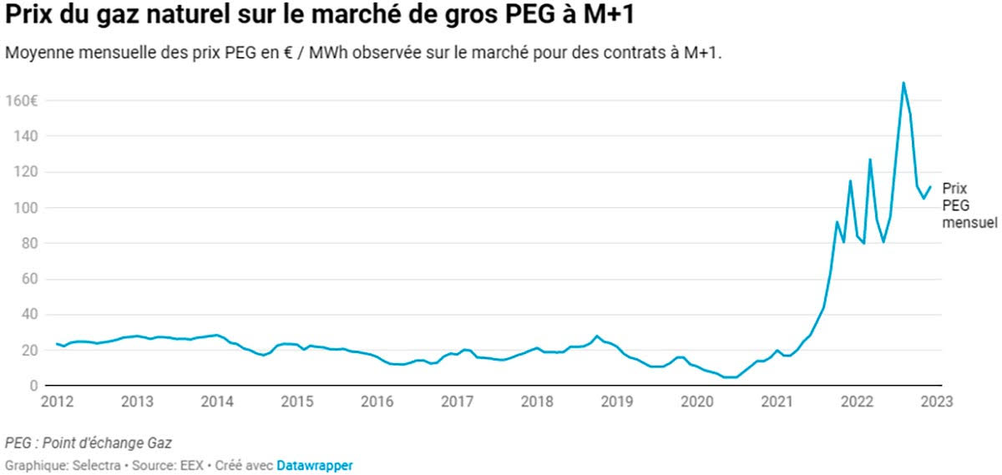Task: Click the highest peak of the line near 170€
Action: tap(903, 83)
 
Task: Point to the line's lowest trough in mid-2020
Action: tap(729, 377)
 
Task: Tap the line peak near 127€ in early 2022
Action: tap(870, 159)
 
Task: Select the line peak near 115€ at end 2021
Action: tap(850, 181)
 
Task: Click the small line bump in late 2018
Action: tap(597, 336)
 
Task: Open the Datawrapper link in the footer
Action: tap(314, 465)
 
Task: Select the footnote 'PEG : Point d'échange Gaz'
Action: tap(82, 442)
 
